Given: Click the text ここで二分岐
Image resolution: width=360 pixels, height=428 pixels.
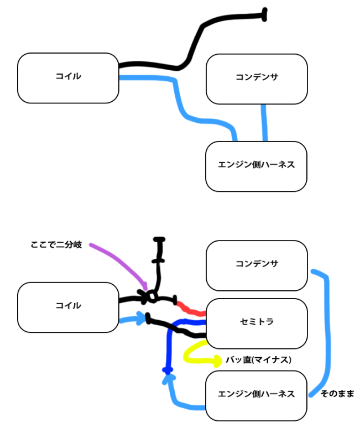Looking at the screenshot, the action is coord(56,244).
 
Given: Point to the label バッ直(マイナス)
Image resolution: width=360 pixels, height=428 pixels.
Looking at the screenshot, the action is coord(258,360).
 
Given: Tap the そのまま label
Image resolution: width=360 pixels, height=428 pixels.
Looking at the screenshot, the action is coord(337,394).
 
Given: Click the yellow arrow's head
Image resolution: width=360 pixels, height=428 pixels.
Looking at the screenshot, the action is coord(218,362).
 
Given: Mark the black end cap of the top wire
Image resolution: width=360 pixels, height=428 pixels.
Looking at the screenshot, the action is coord(264,14).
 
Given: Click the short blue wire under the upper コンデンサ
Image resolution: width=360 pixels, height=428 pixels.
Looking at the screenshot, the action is coord(264,123).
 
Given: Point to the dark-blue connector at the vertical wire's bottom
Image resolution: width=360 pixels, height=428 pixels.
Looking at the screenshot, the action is coord(168,370).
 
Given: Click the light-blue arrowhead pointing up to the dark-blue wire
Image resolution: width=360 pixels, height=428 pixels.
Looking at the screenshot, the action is coord(169,379).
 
